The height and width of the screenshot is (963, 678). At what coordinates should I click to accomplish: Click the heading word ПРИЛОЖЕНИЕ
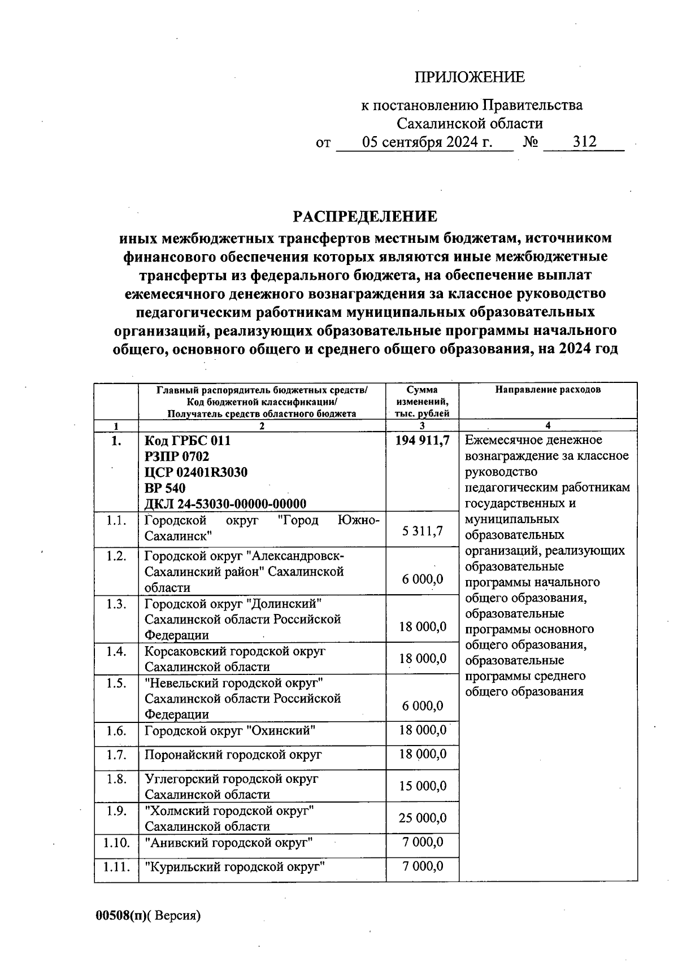(x=470, y=77)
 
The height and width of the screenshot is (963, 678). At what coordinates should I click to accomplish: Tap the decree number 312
(x=584, y=142)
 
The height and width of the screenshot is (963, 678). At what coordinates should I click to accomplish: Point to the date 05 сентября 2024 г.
(x=427, y=142)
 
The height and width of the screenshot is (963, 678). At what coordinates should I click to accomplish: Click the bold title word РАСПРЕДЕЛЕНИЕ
(x=364, y=217)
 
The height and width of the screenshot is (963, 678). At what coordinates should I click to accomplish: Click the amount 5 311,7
(x=423, y=531)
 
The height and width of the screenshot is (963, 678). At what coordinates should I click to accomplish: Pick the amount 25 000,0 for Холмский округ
(x=423, y=818)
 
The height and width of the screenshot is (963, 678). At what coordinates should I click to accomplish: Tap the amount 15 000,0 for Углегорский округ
(x=423, y=786)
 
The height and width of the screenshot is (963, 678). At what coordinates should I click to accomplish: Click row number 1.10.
(x=116, y=843)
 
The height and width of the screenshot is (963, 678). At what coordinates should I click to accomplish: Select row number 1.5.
(x=116, y=683)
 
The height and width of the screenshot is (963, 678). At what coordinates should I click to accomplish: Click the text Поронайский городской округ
(x=233, y=755)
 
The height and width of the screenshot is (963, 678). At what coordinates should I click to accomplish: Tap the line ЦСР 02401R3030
(x=196, y=472)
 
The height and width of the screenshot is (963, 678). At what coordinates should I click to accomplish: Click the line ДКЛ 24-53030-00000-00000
(x=225, y=504)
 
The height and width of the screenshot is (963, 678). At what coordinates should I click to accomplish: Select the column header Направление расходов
(x=547, y=390)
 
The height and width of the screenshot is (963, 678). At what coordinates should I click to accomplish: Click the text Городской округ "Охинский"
(x=229, y=731)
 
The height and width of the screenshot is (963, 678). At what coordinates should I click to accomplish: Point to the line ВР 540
(x=165, y=488)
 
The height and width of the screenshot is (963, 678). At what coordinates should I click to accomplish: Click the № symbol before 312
(x=530, y=142)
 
